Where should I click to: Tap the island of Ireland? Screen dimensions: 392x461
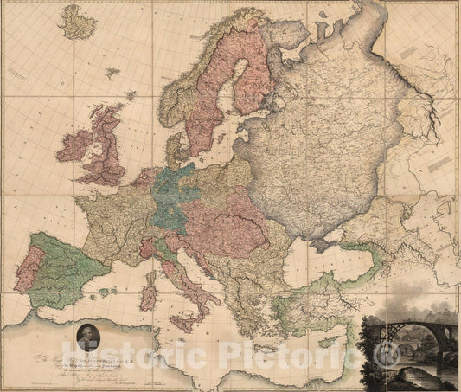[x=74, y=145]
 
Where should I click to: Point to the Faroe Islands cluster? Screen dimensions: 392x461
[x=112, y=74]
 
